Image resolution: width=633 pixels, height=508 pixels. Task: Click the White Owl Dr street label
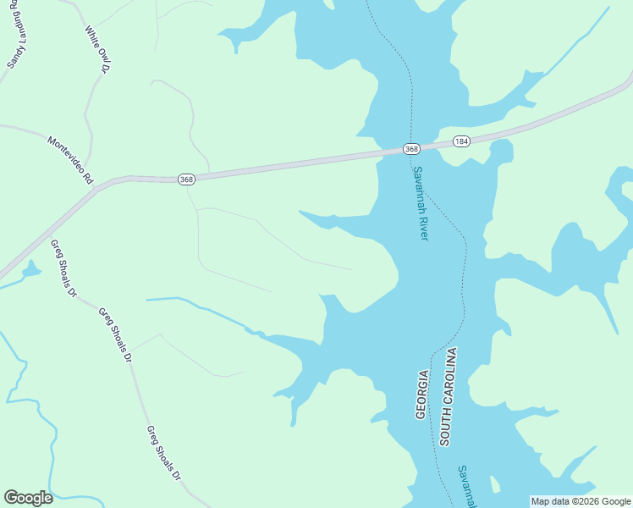tap(98, 48)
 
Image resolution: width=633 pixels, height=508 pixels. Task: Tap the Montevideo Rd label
tap(70, 161)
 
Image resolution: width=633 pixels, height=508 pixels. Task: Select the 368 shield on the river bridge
tap(411, 149)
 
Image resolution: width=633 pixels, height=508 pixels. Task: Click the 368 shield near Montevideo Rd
tap(187, 179)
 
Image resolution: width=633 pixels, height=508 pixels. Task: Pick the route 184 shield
tap(460, 141)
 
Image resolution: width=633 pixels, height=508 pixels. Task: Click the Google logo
tap(28, 497)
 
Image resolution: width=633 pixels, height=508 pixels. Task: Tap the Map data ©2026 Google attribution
tap(581, 501)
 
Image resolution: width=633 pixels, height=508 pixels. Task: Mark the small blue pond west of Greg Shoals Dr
tap(31, 271)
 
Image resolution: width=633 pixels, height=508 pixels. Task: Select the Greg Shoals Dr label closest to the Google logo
tap(164, 452)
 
